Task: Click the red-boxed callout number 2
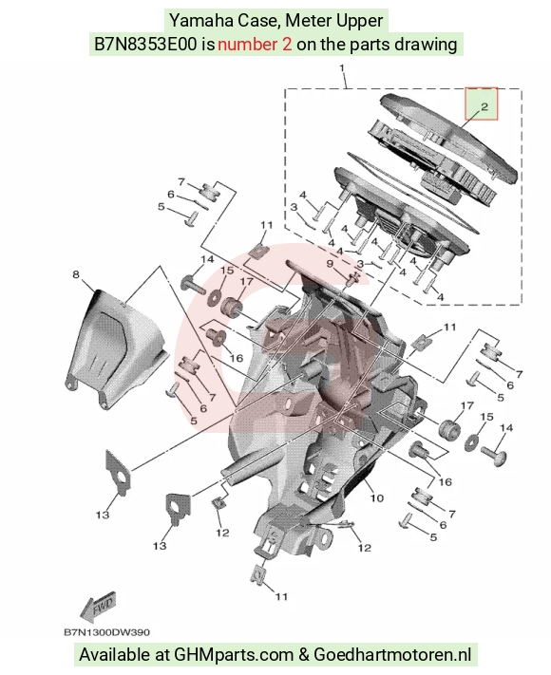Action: click(x=484, y=106)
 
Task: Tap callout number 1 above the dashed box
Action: click(x=343, y=68)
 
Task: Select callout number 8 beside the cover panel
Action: click(x=76, y=274)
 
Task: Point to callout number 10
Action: click(x=376, y=498)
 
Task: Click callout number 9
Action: click(x=330, y=264)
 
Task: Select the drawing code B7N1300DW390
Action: click(x=106, y=632)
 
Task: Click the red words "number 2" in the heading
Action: click(x=255, y=45)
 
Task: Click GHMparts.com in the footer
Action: click(x=233, y=655)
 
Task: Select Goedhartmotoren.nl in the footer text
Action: click(x=392, y=655)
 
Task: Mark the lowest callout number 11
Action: click(x=281, y=596)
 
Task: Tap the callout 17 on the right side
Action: click(x=467, y=405)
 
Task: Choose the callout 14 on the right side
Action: click(x=506, y=427)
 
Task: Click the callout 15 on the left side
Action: click(x=227, y=271)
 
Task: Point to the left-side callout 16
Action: click(x=237, y=358)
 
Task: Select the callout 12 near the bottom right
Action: click(x=365, y=548)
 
